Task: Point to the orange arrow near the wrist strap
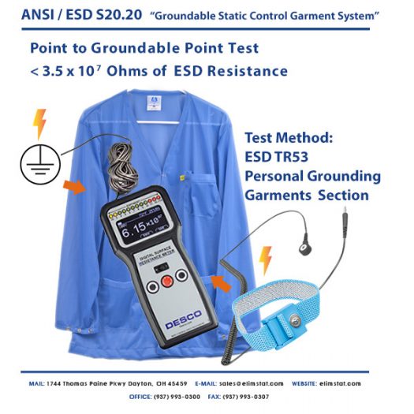pos(221,282)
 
